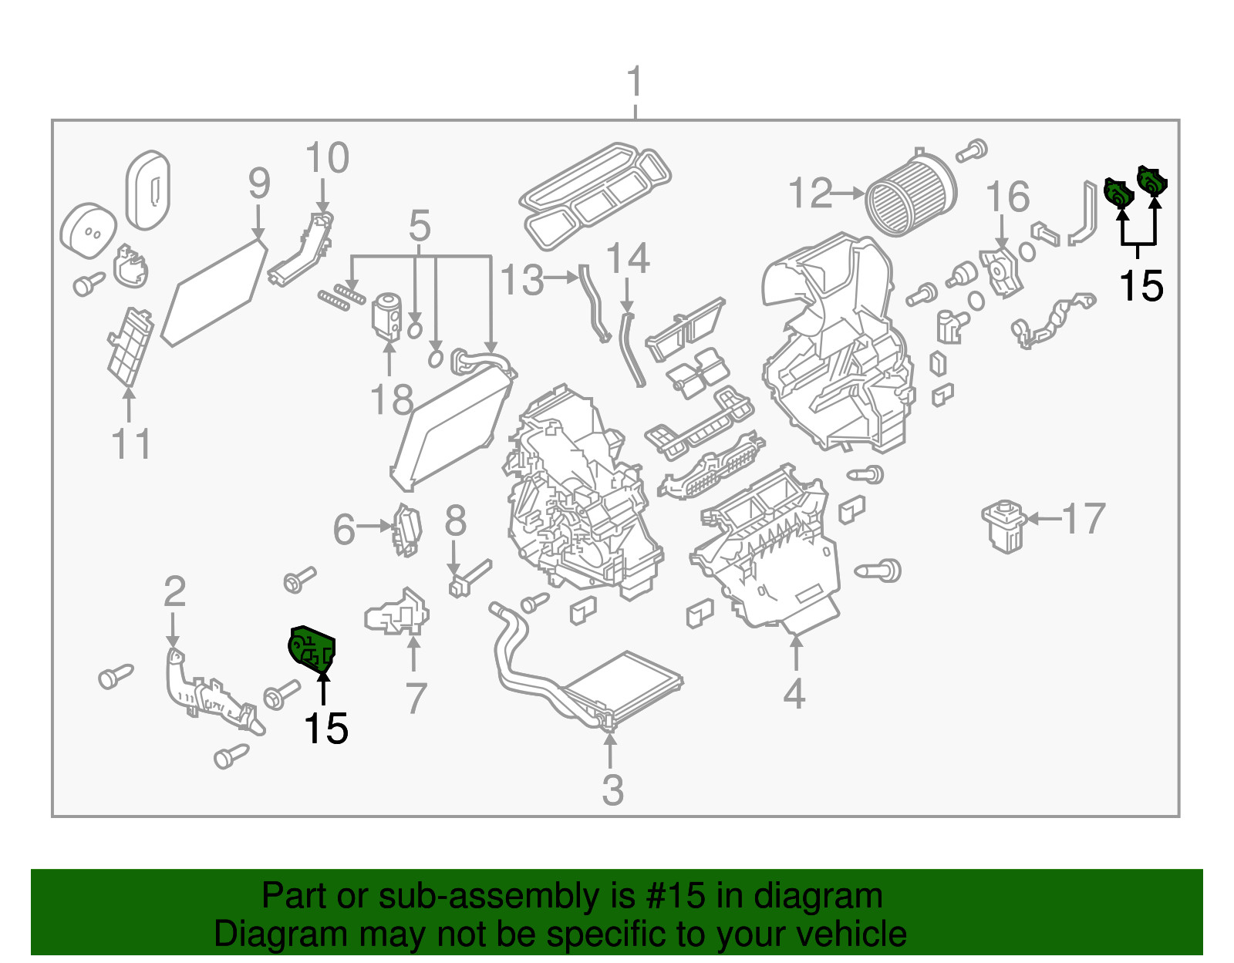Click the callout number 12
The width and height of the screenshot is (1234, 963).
pos(810,194)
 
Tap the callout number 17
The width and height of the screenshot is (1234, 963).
pos(1084,519)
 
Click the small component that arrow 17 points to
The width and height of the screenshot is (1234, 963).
pos(1003,526)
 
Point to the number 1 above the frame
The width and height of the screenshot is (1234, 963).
pos(634,82)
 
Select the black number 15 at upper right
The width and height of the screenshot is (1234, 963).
pos(1140,286)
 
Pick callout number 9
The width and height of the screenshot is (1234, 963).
pos(259,184)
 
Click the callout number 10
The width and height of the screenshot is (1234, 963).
pos(327,158)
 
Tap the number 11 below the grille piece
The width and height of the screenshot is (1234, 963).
pos(130,444)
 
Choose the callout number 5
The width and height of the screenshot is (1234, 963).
pos(419,226)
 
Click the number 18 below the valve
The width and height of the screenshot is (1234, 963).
pos(392,400)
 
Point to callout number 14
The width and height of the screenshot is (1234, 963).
pos(628,259)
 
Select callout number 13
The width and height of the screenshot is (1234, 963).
pos(522,280)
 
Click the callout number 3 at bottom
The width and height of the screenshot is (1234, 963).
pos(612,790)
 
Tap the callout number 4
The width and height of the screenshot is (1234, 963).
pos(794,694)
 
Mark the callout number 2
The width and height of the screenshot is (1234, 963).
pos(174,591)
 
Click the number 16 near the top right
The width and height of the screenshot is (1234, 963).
pos(1007,197)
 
